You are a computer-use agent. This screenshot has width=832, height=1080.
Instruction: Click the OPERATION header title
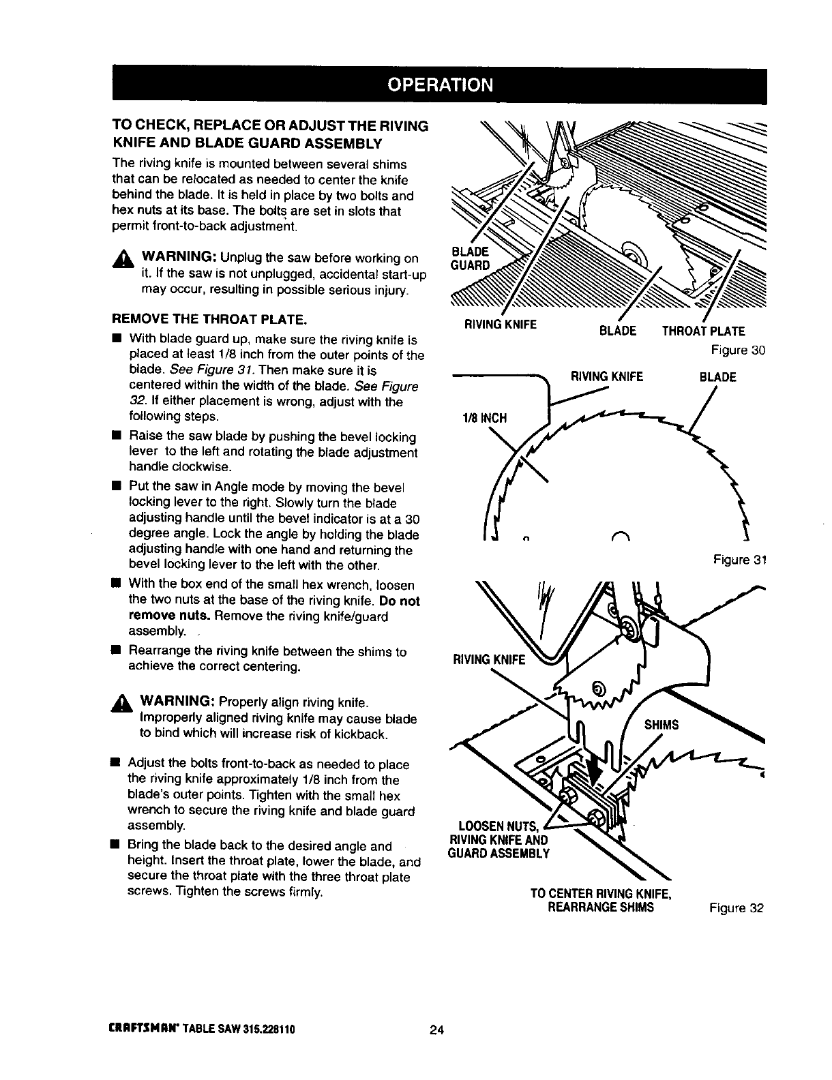pyautogui.click(x=439, y=85)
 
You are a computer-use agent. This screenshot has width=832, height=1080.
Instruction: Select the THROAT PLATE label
pyautogui.click(x=704, y=331)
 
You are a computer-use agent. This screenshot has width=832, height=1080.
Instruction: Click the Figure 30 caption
pyautogui.click(x=739, y=350)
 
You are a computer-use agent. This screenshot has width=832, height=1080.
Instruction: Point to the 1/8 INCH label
pyautogui.click(x=485, y=417)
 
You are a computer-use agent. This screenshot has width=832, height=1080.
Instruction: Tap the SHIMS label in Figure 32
pyautogui.click(x=662, y=725)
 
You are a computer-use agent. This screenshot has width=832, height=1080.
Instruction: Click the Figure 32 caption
pyautogui.click(x=737, y=908)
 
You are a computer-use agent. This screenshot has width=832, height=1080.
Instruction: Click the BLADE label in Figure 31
pyautogui.click(x=718, y=377)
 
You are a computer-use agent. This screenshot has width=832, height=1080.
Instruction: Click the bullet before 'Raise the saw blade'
pyautogui.click(x=117, y=437)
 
